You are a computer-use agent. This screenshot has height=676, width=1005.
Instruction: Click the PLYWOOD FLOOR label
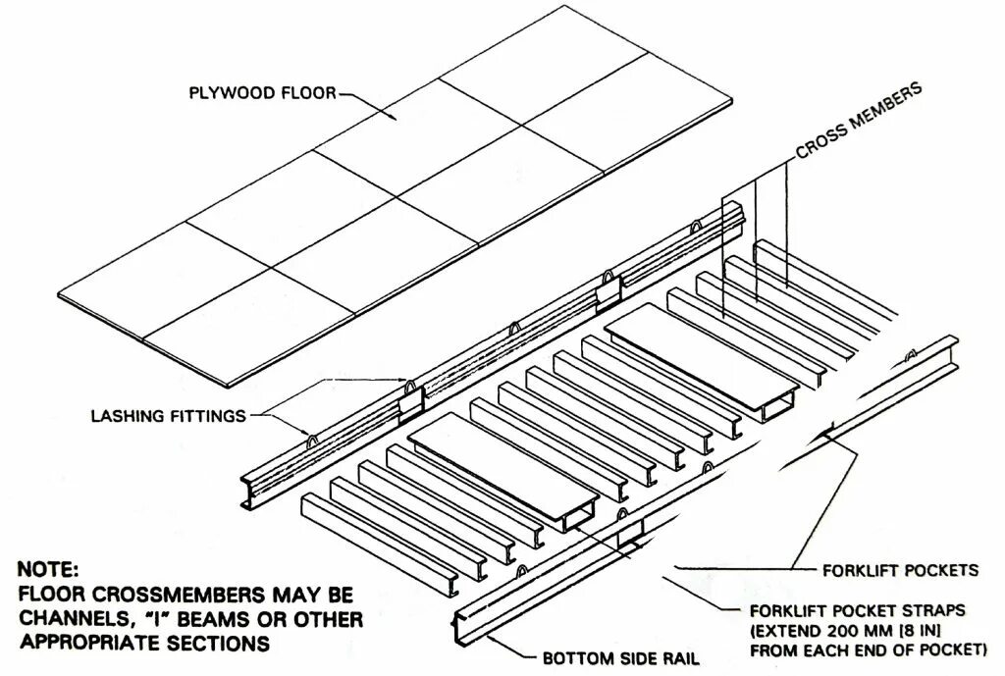pyautogui.click(x=262, y=93)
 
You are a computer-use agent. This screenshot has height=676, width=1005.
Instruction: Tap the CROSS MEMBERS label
pyautogui.click(x=859, y=121)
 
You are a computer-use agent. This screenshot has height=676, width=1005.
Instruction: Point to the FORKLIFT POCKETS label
pyautogui.click(x=900, y=569)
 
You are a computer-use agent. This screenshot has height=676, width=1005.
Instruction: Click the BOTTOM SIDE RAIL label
pyautogui.click(x=620, y=658)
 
